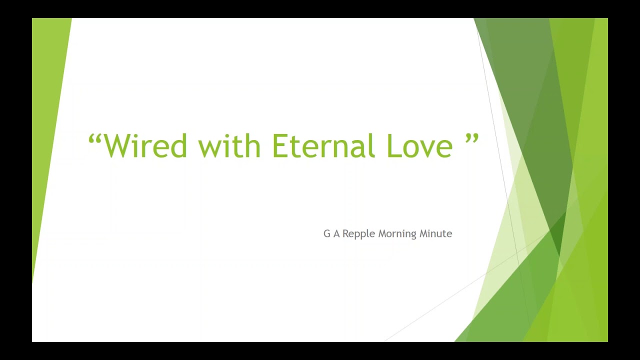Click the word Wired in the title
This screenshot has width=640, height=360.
pos(145,145)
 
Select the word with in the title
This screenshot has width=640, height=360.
pos(229,145)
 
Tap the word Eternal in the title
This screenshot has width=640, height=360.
pos(323,145)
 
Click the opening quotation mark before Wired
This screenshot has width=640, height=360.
pos(95,139)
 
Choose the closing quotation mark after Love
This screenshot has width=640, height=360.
pos(471,139)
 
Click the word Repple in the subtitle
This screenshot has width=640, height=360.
pos(358,234)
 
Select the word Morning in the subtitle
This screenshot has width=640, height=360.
pos(397,234)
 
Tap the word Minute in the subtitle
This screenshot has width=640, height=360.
pos(435,233)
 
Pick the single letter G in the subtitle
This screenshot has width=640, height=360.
pos(327,233)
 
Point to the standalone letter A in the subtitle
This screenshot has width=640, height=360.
pos(336,233)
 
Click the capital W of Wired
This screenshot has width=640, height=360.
pos(117,145)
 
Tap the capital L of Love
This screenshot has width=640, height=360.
pos(393,145)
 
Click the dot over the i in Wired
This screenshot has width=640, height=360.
pos(138,135)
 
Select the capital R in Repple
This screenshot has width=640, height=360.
pos(345,233)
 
